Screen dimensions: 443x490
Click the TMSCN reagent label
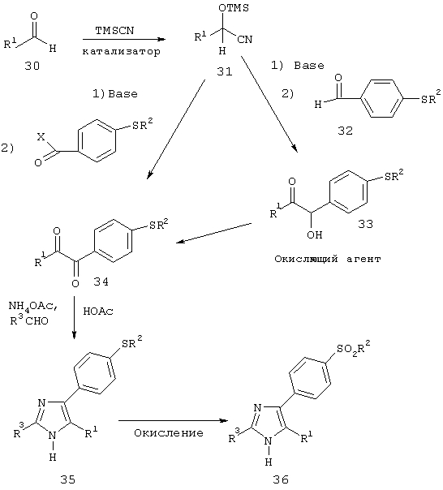(x=114, y=31)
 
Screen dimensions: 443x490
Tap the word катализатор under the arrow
(x=122, y=51)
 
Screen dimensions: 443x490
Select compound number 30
(x=32, y=66)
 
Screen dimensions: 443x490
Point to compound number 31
(x=225, y=72)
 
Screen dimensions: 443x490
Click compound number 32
(x=345, y=131)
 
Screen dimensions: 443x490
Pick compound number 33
(x=365, y=224)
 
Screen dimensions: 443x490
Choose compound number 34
(x=101, y=282)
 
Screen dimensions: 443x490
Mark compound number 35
(x=68, y=479)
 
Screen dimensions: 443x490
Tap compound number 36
(x=281, y=479)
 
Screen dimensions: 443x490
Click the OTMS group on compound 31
(x=234, y=8)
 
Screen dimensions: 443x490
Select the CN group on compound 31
(x=244, y=40)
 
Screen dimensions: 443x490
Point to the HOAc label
(x=98, y=312)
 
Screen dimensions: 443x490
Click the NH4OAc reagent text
(x=32, y=307)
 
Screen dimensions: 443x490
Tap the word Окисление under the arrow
(x=169, y=433)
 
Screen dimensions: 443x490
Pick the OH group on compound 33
(x=314, y=234)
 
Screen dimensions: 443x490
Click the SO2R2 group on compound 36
(x=354, y=348)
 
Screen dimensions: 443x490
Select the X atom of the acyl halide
(x=41, y=137)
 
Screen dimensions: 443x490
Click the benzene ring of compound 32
(x=381, y=99)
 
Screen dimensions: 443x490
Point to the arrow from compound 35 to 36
(x=174, y=420)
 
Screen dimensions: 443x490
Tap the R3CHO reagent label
(x=29, y=320)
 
